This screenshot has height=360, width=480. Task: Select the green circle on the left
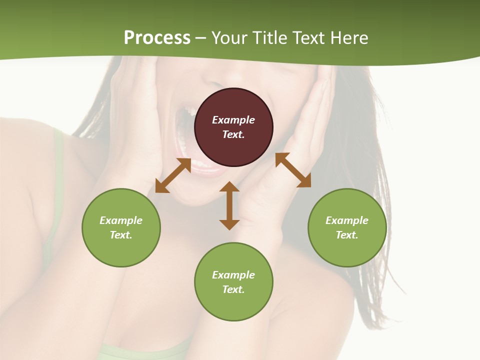[x=121, y=227]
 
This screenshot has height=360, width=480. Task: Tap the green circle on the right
[x=347, y=227]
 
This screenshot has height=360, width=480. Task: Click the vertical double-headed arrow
[x=229, y=205]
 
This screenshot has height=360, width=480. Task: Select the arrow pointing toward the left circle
[x=173, y=175]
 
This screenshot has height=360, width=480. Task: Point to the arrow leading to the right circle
[x=293, y=170]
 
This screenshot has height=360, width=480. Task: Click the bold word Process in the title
[x=157, y=37]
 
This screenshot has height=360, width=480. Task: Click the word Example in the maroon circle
[x=233, y=120]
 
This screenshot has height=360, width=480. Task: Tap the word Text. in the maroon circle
[x=233, y=134]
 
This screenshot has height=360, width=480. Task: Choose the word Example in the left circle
[x=121, y=220]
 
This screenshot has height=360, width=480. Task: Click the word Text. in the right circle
[x=347, y=235]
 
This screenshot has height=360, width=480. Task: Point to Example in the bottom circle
[x=233, y=275]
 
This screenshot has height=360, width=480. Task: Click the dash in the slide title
[x=201, y=38]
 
